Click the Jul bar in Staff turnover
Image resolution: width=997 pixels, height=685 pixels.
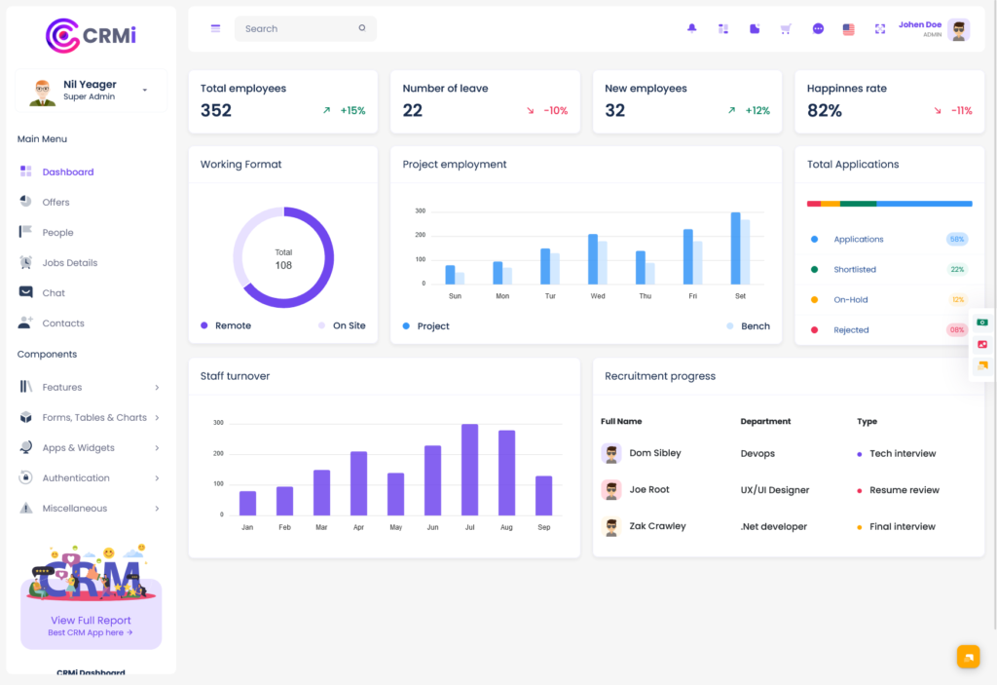[x=469, y=470]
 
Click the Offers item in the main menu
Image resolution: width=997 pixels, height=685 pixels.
[x=55, y=203]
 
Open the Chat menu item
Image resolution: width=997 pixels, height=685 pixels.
[x=54, y=293]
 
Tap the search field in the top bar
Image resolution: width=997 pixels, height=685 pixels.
[x=297, y=29]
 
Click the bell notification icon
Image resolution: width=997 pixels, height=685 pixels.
[x=692, y=29]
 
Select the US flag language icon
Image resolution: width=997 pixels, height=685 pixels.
[x=848, y=29]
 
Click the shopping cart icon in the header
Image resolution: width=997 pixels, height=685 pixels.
[x=786, y=29]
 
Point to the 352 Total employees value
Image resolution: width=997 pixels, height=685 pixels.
[x=216, y=111]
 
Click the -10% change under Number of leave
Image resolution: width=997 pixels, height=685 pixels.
[x=555, y=111]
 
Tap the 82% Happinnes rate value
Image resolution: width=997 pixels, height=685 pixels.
[x=825, y=111]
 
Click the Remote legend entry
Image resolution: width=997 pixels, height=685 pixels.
[x=232, y=326]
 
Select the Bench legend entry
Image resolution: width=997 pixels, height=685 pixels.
[x=755, y=326]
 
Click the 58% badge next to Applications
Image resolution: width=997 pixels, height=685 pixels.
[x=956, y=240]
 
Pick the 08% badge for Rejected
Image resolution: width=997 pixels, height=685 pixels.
[x=956, y=330]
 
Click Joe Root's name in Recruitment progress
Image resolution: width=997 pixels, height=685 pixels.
[x=649, y=490]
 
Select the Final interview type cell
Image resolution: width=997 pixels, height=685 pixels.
[x=902, y=527]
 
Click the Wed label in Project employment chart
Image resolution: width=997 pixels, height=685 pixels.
[x=598, y=296]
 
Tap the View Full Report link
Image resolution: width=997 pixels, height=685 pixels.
[x=91, y=621]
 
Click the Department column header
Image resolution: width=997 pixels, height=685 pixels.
[x=765, y=422]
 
